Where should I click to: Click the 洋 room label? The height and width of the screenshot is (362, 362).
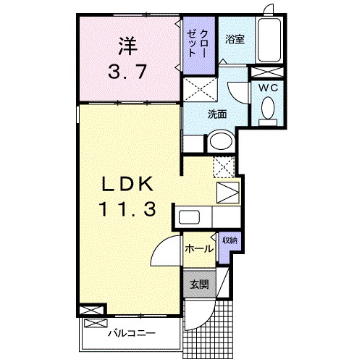[x=127, y=44]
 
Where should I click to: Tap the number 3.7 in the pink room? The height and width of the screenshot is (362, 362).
[x=127, y=72]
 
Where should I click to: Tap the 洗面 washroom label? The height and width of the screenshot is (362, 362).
[x=217, y=114]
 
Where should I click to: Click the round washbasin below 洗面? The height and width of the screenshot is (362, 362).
[x=219, y=141]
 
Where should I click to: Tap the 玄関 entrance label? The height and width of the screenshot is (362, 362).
[x=199, y=284]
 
